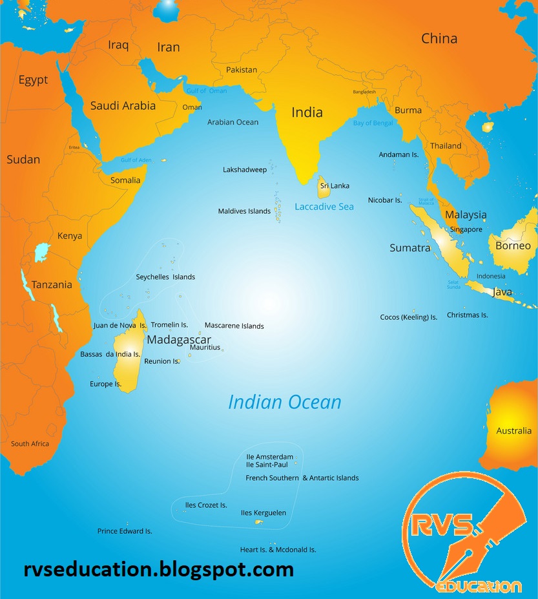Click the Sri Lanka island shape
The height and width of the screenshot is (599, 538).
324,187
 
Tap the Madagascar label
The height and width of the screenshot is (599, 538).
179,339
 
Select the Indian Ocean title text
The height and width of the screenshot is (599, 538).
284,402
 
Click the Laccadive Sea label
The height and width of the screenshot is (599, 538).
324,207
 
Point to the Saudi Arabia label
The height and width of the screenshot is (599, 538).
123,105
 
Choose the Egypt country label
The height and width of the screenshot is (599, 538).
33,80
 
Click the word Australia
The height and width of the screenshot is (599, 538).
513,431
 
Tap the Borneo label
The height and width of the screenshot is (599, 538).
513,246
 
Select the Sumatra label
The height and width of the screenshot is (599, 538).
409,248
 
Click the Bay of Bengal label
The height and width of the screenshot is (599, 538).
372,123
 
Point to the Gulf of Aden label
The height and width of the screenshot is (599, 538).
136,160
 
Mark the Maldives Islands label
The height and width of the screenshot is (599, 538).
244,211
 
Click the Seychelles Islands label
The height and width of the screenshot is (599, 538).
165,277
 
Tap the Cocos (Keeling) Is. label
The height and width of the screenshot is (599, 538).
408,317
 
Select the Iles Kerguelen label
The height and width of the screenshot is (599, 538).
264,513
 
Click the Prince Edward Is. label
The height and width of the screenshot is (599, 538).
125,531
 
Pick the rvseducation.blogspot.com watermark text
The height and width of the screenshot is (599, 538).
158,570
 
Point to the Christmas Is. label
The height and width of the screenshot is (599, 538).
467,315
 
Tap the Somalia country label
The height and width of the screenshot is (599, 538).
125,180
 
